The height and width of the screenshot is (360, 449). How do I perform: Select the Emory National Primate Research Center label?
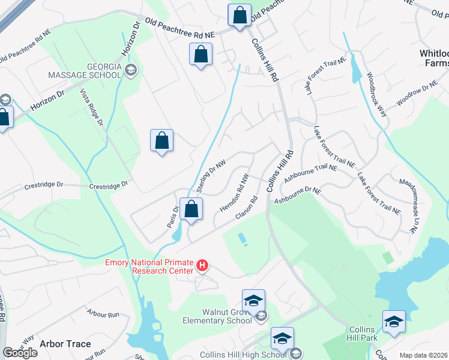click(x=149, y=266)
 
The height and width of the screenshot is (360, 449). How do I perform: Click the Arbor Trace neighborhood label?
click(x=65, y=344)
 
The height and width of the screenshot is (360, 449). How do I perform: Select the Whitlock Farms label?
click(x=433, y=58)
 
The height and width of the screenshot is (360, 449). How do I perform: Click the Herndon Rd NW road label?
click(x=235, y=193)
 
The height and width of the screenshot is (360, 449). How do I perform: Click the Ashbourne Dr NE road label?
click(x=298, y=196)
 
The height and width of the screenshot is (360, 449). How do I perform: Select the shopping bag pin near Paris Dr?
click(x=191, y=209)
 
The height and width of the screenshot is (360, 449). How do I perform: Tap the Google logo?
click(x=20, y=353)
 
